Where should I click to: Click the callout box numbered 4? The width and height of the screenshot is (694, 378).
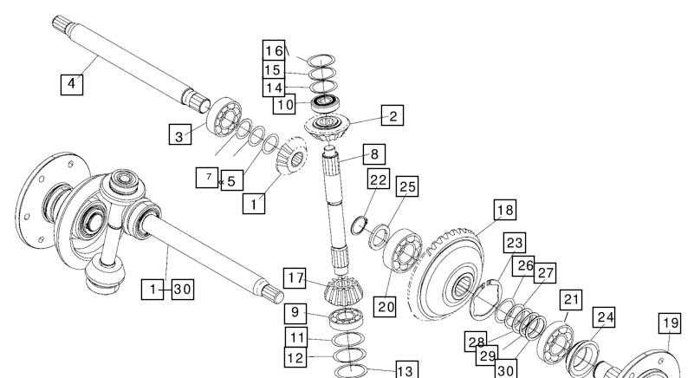coord(72,84)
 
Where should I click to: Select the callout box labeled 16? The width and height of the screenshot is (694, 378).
coord(274,50)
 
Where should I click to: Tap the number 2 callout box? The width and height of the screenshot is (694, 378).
coord(392,115)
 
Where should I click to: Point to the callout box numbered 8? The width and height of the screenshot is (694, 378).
coord(374,154)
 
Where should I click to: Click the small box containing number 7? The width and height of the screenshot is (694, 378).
coord(207,178)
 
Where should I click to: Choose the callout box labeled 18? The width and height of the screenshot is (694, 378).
coord(505,210)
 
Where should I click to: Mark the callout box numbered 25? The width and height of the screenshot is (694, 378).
coord(407,186)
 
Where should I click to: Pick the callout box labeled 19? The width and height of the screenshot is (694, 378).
coord(670,323)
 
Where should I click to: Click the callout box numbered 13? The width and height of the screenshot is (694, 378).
coord(405,369)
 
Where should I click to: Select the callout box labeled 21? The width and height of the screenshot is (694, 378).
coord(571,300)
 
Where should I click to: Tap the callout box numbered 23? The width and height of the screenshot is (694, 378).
coord(515,243)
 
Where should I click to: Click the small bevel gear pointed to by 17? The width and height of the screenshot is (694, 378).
coord(344,291)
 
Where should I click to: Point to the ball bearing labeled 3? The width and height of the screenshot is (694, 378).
coord(224,117)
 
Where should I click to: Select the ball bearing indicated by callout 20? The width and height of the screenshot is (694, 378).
coord(403,251)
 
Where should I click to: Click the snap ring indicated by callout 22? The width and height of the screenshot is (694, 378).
coord(359,226)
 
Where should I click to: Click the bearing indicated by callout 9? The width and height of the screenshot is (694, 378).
coord(347,317)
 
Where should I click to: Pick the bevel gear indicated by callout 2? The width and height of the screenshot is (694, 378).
coord(328,127)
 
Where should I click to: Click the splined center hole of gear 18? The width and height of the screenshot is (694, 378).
coord(463,288)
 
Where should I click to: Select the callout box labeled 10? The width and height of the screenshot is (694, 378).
coord(284,105)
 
